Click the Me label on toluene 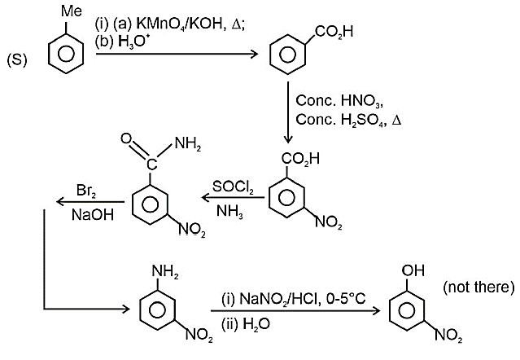72,11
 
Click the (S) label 17,60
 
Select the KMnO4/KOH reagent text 179,24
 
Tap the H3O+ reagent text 132,42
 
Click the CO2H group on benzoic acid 334,32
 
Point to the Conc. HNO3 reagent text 339,101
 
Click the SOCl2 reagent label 233,187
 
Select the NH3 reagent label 229,211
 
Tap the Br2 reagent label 86,191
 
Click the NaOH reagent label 93,215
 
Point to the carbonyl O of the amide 127,138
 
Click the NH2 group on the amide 188,144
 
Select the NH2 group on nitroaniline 165,272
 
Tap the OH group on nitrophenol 413,270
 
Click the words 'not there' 479,287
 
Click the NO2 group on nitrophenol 448,335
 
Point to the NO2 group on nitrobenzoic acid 329,222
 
